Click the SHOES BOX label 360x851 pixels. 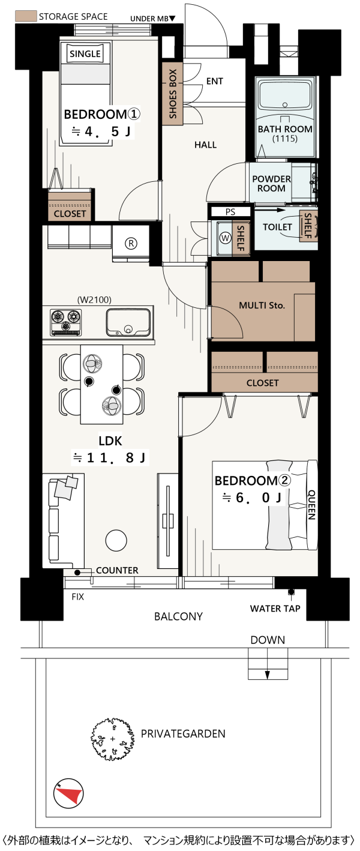coord(173,94)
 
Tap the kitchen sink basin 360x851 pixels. coord(128,322)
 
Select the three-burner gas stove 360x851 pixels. coord(66,322)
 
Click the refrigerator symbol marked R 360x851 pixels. coord(131,243)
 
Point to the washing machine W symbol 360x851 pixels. coord(226,238)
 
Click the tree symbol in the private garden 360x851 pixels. coord(113,739)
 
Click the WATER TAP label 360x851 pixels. coord(275,609)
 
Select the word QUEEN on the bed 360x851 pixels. coord(311,505)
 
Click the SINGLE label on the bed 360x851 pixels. coord(85,54)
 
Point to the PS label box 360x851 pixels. coord(230,212)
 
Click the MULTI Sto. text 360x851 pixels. coord(262,305)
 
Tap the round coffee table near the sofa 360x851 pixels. coord(116,540)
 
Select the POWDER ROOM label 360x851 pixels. coord(271,184)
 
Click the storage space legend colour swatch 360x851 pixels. coord(26,16)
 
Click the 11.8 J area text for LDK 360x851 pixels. coord(110,458)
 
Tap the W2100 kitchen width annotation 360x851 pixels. coord(94,299)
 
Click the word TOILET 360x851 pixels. coord(277,227)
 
